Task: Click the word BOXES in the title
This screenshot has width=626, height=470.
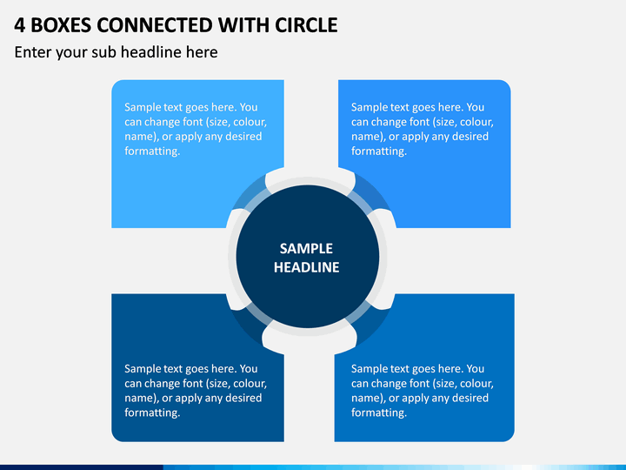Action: [61, 25]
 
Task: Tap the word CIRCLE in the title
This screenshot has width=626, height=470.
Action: [306, 25]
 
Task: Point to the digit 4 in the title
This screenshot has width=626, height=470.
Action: [19, 25]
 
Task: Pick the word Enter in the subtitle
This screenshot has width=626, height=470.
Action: [33, 52]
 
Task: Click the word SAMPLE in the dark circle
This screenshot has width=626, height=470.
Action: [306, 249]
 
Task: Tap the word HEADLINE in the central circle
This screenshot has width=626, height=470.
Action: [306, 267]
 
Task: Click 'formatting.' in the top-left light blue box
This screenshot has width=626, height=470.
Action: [152, 151]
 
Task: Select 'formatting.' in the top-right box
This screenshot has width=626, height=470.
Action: [379, 151]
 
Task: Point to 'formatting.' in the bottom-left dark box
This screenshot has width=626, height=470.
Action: [152, 413]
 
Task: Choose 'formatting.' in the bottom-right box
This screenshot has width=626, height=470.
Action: [379, 413]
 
